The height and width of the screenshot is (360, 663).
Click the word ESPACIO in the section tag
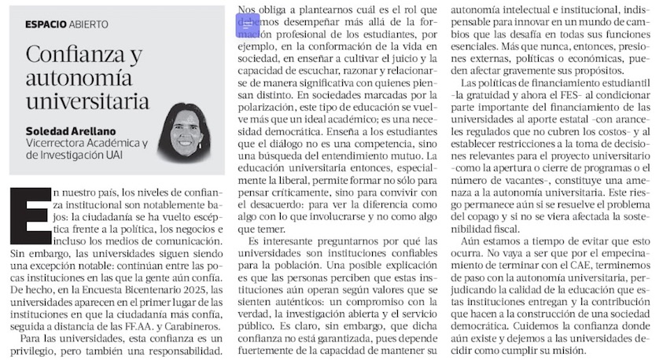point(45,23)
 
